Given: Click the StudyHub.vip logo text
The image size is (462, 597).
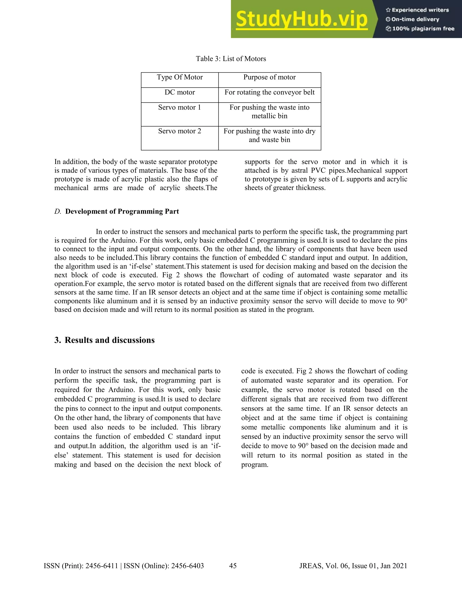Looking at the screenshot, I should (x=301, y=19).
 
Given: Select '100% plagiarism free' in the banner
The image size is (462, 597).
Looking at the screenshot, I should (x=423, y=29).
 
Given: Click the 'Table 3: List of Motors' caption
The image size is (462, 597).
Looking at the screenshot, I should (x=231, y=59).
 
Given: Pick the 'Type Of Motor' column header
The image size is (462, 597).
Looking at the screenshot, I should (x=180, y=77).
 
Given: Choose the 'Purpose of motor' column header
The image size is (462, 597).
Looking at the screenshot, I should (x=269, y=77).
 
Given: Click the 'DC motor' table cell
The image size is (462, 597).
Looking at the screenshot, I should (x=180, y=92).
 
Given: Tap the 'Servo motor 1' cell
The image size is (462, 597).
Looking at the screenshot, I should (x=180, y=107).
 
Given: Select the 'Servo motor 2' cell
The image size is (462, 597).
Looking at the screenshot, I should (x=180, y=131).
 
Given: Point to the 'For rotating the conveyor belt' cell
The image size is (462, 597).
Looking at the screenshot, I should (x=269, y=92).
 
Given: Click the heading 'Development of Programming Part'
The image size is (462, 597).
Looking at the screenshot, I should (x=122, y=211).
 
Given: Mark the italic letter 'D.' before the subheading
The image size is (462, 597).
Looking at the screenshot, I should (x=58, y=211).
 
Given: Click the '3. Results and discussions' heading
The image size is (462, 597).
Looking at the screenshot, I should (x=104, y=340).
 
